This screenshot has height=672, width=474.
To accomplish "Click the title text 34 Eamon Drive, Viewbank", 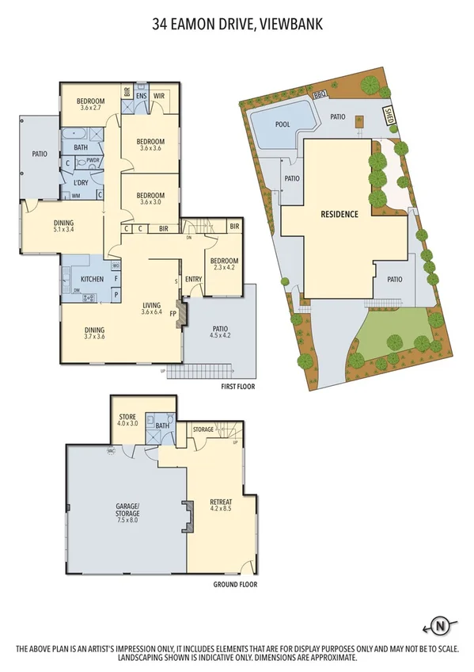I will [x=237, y=25].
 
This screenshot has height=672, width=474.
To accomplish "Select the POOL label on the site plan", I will [x=283, y=124].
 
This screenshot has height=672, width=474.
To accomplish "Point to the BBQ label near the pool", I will [x=320, y=94].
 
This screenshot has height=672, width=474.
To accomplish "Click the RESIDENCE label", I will [x=339, y=214].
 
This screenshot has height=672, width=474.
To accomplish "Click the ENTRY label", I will [x=193, y=278].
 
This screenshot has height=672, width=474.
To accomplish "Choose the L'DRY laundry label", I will [x=80, y=183].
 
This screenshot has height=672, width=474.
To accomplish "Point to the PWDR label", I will [x=93, y=160].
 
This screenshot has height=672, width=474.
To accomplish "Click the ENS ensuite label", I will [x=141, y=96].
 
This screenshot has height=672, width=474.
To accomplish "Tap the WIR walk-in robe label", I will [x=158, y=96].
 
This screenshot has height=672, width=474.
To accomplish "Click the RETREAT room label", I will [x=221, y=502].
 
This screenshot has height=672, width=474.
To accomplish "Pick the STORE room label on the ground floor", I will [x=127, y=416].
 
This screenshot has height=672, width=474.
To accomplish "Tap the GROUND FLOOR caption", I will [x=235, y=585].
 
